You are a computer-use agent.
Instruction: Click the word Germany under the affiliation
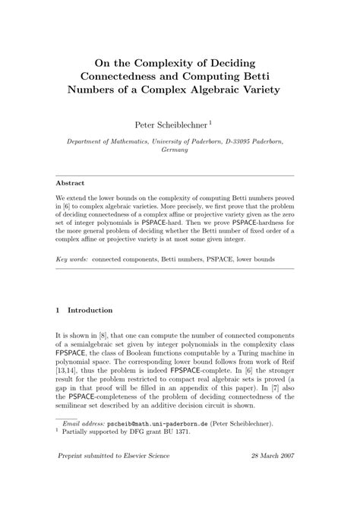click(179, 150)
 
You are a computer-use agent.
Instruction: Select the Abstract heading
click(71, 183)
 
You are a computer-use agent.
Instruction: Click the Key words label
click(72, 259)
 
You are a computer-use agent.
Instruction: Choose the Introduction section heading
click(90, 310)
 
